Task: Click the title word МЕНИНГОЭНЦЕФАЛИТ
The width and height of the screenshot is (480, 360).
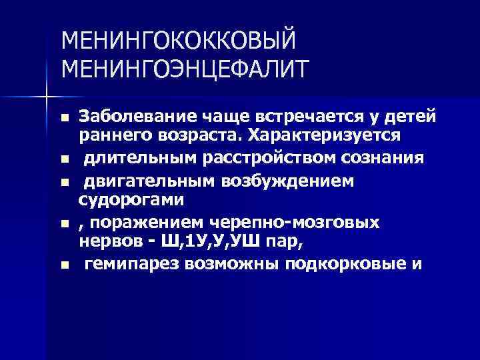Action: (185, 68)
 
